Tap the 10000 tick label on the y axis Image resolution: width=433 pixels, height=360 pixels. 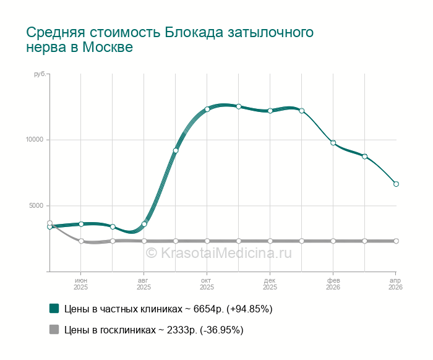[x=34, y=140]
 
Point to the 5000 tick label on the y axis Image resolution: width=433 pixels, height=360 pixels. [x=36, y=206]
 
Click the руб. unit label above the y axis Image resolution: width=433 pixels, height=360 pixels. [x=39, y=74]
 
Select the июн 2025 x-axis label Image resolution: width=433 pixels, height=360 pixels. [x=81, y=284]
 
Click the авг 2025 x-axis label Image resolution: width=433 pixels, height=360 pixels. [x=144, y=284]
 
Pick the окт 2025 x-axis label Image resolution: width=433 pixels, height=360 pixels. [x=207, y=284]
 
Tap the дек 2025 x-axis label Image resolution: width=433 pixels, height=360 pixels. [x=270, y=284]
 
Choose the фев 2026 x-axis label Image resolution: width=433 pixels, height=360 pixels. [x=333, y=284]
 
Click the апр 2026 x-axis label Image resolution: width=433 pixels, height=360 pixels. [x=395, y=284]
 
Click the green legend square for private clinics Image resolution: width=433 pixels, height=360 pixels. [x=54, y=308]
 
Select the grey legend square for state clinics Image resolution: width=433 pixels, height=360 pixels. [x=54, y=330]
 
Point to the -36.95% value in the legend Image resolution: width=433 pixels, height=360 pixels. [x=221, y=330]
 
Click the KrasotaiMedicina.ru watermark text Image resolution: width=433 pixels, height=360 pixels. [x=218, y=252]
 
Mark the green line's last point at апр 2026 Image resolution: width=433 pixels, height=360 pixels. [x=396, y=184]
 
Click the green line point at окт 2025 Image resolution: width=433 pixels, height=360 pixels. [x=207, y=109]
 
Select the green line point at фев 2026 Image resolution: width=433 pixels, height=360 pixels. [x=333, y=143]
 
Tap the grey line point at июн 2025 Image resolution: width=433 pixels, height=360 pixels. [x=81, y=241]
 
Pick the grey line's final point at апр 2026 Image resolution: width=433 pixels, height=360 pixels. [x=396, y=241]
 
